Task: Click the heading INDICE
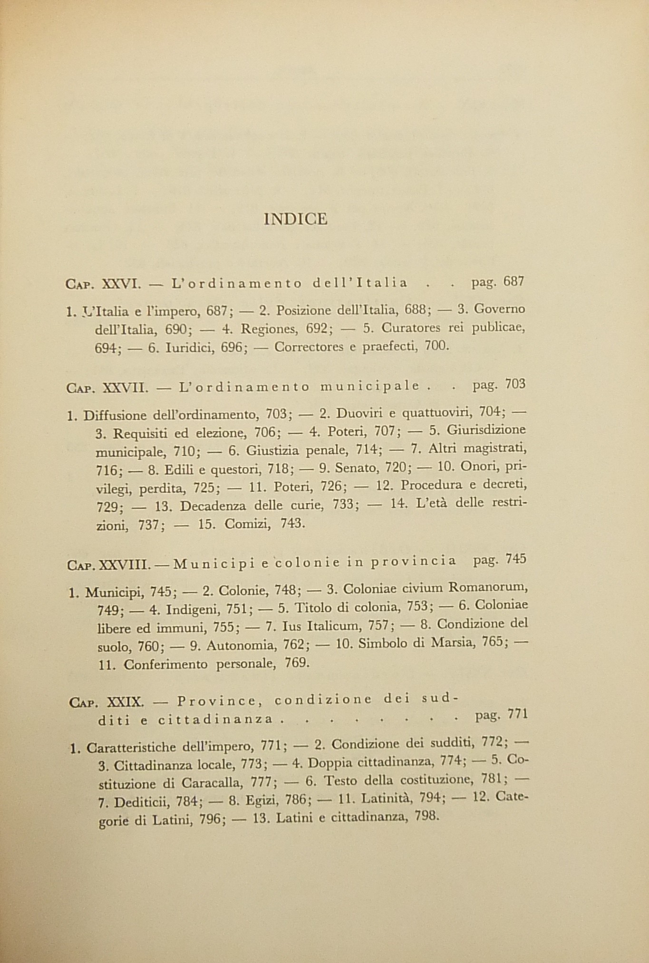click(295, 219)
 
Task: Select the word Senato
click(356, 469)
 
